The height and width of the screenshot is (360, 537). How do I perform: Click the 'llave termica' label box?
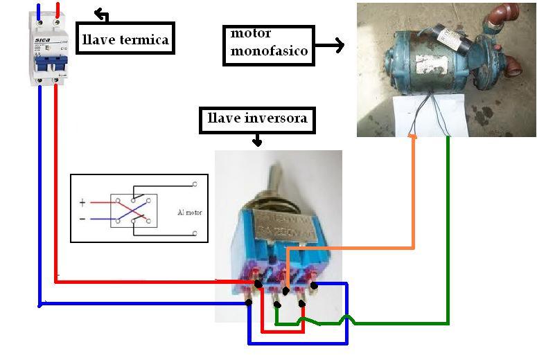pos(125,39)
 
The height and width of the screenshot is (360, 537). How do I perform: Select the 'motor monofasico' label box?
pos(269,46)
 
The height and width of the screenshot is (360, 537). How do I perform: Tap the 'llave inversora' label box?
pos(257,120)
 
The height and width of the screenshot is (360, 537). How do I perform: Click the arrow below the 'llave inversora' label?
pos(257,141)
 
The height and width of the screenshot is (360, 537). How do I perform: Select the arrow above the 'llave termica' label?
pos(101,15)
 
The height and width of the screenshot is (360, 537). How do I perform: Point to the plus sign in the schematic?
pos(82,203)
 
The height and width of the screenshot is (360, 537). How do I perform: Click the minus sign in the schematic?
pos(82,219)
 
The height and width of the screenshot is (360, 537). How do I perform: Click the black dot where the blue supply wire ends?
pos(247,303)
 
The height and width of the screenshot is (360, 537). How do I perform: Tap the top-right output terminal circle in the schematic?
pos(195,184)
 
